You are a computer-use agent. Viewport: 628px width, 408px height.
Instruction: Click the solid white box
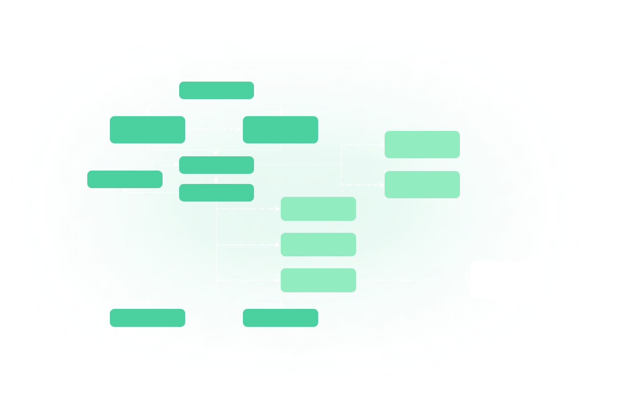pos(508,280)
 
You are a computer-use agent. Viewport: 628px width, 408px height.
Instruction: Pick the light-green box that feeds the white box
pos(318,280)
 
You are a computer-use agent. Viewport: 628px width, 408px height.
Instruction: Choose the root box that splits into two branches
pos(216,90)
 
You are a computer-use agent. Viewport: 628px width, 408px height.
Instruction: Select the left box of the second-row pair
pos(148,129)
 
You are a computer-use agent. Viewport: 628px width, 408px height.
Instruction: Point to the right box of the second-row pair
pos(280,129)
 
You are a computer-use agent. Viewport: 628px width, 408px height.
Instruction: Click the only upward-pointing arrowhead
pos(125,190)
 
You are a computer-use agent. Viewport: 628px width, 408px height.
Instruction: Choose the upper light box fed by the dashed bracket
pos(422,145)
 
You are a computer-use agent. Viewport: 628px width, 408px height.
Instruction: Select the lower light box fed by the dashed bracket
pos(422,185)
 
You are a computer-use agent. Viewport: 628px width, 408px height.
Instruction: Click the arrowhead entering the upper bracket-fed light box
pos(382,145)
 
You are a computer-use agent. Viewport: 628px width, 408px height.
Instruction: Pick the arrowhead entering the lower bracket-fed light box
pos(382,185)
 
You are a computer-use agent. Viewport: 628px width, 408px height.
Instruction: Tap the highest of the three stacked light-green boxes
pos(318,209)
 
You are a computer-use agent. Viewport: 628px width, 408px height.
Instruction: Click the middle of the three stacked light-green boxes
pos(318,245)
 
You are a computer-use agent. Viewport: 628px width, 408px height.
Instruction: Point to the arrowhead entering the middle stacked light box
pos(278,245)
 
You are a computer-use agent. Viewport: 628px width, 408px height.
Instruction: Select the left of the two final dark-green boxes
pos(148,318)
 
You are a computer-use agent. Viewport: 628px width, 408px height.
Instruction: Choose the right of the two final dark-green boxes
pos(280,318)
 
